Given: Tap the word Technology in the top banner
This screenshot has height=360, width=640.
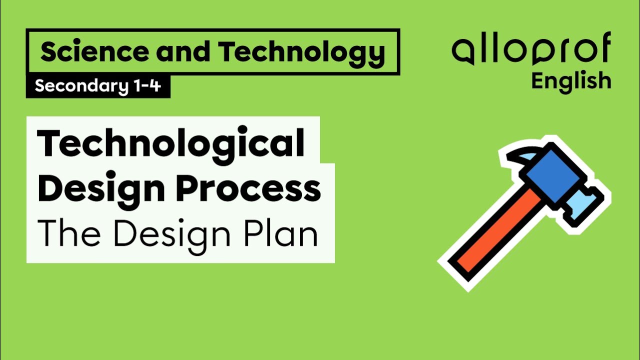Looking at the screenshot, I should tap(301, 52).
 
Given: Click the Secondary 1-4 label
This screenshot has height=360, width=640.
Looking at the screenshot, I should tap(98, 86).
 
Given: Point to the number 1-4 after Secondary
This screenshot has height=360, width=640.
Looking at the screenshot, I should tap(147, 86).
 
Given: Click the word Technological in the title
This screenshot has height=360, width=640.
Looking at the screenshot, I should tap(171, 144).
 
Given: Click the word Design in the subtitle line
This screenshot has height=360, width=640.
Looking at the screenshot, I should tap(172, 234).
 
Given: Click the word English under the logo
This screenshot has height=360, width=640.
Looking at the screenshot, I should tap(571, 81).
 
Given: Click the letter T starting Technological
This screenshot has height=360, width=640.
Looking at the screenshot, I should tap(50, 144).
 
